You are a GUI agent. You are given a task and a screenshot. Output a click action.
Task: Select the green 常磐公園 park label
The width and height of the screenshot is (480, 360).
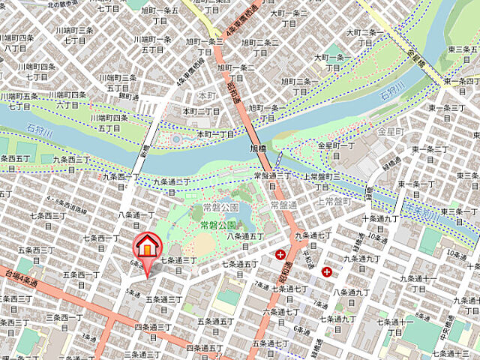pos(218,225)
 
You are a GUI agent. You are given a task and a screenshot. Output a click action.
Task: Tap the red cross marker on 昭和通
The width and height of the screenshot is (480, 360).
pos(280,256)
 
